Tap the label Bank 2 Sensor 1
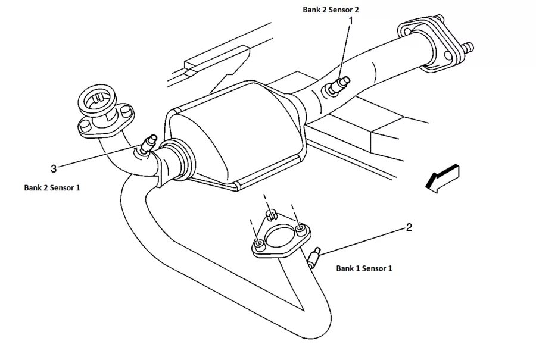click(x=52, y=187)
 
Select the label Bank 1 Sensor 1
click(x=364, y=268)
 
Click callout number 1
click(x=351, y=21)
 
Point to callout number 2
click(x=409, y=227)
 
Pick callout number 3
click(x=54, y=168)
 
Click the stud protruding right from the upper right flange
click(x=467, y=46)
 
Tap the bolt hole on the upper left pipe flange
click(x=85, y=124)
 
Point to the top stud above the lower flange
click(x=271, y=212)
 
